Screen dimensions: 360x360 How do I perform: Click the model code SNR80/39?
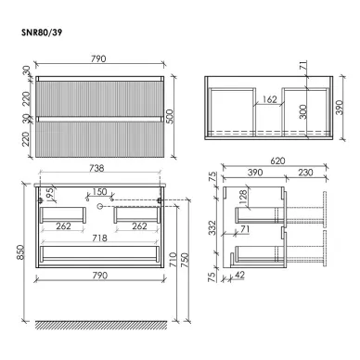click(x=42, y=32)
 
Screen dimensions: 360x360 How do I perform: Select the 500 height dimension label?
click(x=171, y=116)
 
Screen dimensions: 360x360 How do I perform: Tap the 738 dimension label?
click(x=96, y=168)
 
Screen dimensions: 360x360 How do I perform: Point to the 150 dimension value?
click(x=99, y=192)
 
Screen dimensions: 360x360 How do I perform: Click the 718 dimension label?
click(x=99, y=238)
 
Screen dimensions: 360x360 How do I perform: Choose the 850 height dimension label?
click(x=20, y=252)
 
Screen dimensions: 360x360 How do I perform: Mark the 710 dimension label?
click(x=173, y=260)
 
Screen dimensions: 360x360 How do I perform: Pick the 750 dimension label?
click(x=185, y=260)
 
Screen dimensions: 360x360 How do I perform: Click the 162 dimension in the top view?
click(x=269, y=99)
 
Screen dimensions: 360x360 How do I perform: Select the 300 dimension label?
click(x=303, y=111)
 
